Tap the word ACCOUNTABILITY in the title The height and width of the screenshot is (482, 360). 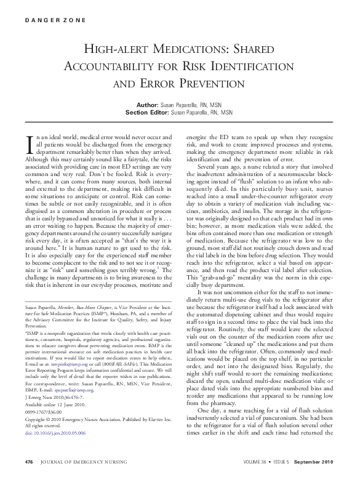tap(135, 65)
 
